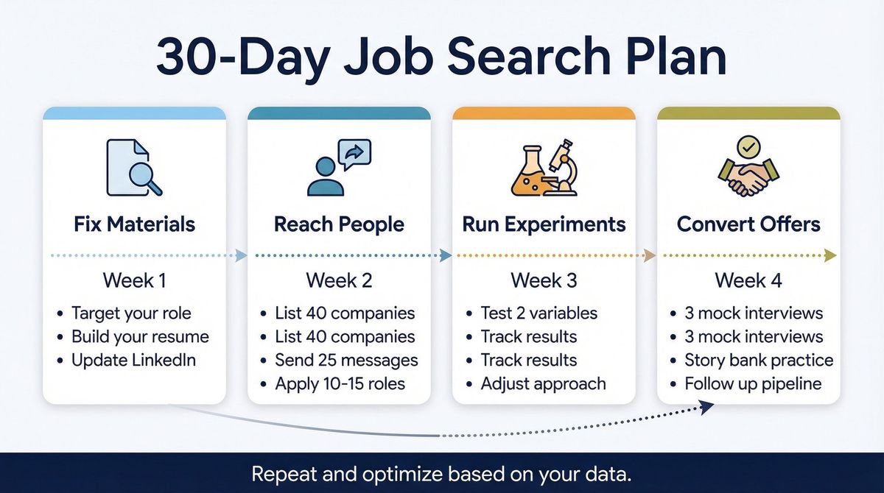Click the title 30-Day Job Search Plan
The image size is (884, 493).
441,58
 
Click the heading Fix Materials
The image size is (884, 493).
134,224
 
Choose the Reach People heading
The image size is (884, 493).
339,224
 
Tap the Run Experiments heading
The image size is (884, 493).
544,224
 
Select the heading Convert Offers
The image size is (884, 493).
748,224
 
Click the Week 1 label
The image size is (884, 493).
134,280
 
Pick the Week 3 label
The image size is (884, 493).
544,280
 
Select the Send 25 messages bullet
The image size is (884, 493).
346,361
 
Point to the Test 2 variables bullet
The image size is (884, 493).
539,313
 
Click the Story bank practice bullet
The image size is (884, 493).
759,361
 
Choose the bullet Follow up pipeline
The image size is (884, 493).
753,384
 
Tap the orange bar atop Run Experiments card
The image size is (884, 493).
544,113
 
